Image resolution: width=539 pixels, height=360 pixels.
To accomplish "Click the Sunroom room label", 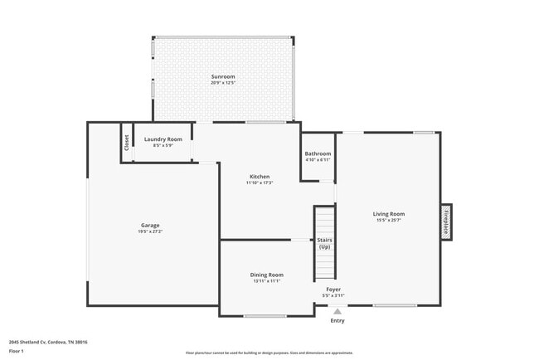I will pyautogui.click(x=222, y=76).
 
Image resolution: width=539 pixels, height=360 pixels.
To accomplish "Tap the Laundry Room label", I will pyautogui.click(x=163, y=139).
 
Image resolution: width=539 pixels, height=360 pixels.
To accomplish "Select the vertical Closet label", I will pyautogui.click(x=127, y=143).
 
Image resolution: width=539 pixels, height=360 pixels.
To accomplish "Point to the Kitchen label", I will pyautogui.click(x=260, y=176).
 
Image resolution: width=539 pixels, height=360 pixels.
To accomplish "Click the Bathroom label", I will pyautogui.click(x=318, y=153).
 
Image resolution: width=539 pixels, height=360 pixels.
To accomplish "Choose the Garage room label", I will pyautogui.click(x=150, y=225).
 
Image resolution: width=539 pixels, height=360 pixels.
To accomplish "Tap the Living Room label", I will pyautogui.click(x=388, y=214).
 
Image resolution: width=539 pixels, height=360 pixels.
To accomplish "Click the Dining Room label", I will pyautogui.click(x=267, y=274).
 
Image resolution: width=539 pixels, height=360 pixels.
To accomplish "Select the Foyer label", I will pyautogui.click(x=333, y=289).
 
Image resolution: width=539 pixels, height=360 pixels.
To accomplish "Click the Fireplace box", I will pyautogui.click(x=445, y=221).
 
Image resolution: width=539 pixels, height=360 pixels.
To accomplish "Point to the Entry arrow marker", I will pyautogui.click(x=337, y=311).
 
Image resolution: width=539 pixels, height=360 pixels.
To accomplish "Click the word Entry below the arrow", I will pyautogui.click(x=337, y=320).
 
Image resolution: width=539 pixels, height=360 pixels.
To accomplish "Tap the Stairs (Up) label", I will pyautogui.click(x=324, y=243).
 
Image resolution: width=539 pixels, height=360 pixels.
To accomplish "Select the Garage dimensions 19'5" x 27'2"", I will pyautogui.click(x=150, y=231).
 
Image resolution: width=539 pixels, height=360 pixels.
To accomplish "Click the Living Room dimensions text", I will pyautogui.click(x=388, y=221).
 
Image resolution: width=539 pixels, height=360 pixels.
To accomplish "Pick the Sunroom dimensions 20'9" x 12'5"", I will pyautogui.click(x=223, y=83).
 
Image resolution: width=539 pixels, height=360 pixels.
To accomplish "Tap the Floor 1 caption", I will pyautogui.click(x=17, y=351).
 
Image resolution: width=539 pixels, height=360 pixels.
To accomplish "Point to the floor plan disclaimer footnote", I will pyautogui.click(x=269, y=353).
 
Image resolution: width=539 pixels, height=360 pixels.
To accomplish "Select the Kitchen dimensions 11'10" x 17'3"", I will pyautogui.click(x=260, y=182).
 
